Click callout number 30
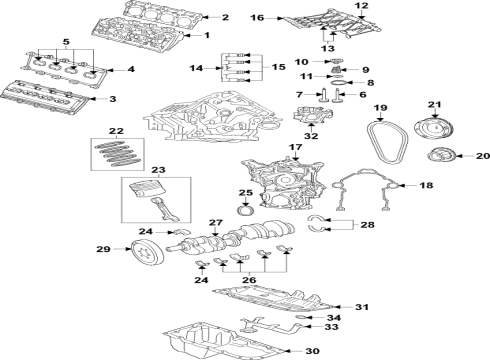point(311,350)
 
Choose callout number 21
point(434,105)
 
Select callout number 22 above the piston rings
point(115,131)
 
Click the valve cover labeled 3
point(55,97)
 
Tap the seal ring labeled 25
point(247,211)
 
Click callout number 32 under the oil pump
point(311,136)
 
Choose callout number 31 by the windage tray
point(363,306)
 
